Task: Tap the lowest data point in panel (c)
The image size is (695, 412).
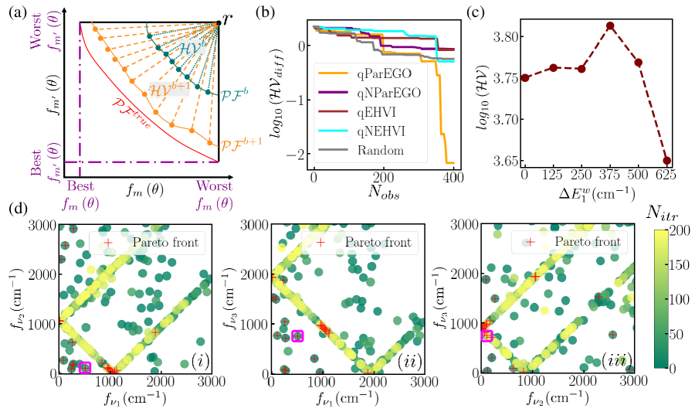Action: (667, 161)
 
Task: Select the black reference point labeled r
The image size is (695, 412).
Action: (219, 22)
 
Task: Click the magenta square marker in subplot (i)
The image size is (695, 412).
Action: (85, 367)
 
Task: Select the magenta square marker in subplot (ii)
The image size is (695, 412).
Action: (297, 335)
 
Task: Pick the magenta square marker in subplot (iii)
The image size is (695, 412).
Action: (487, 335)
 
